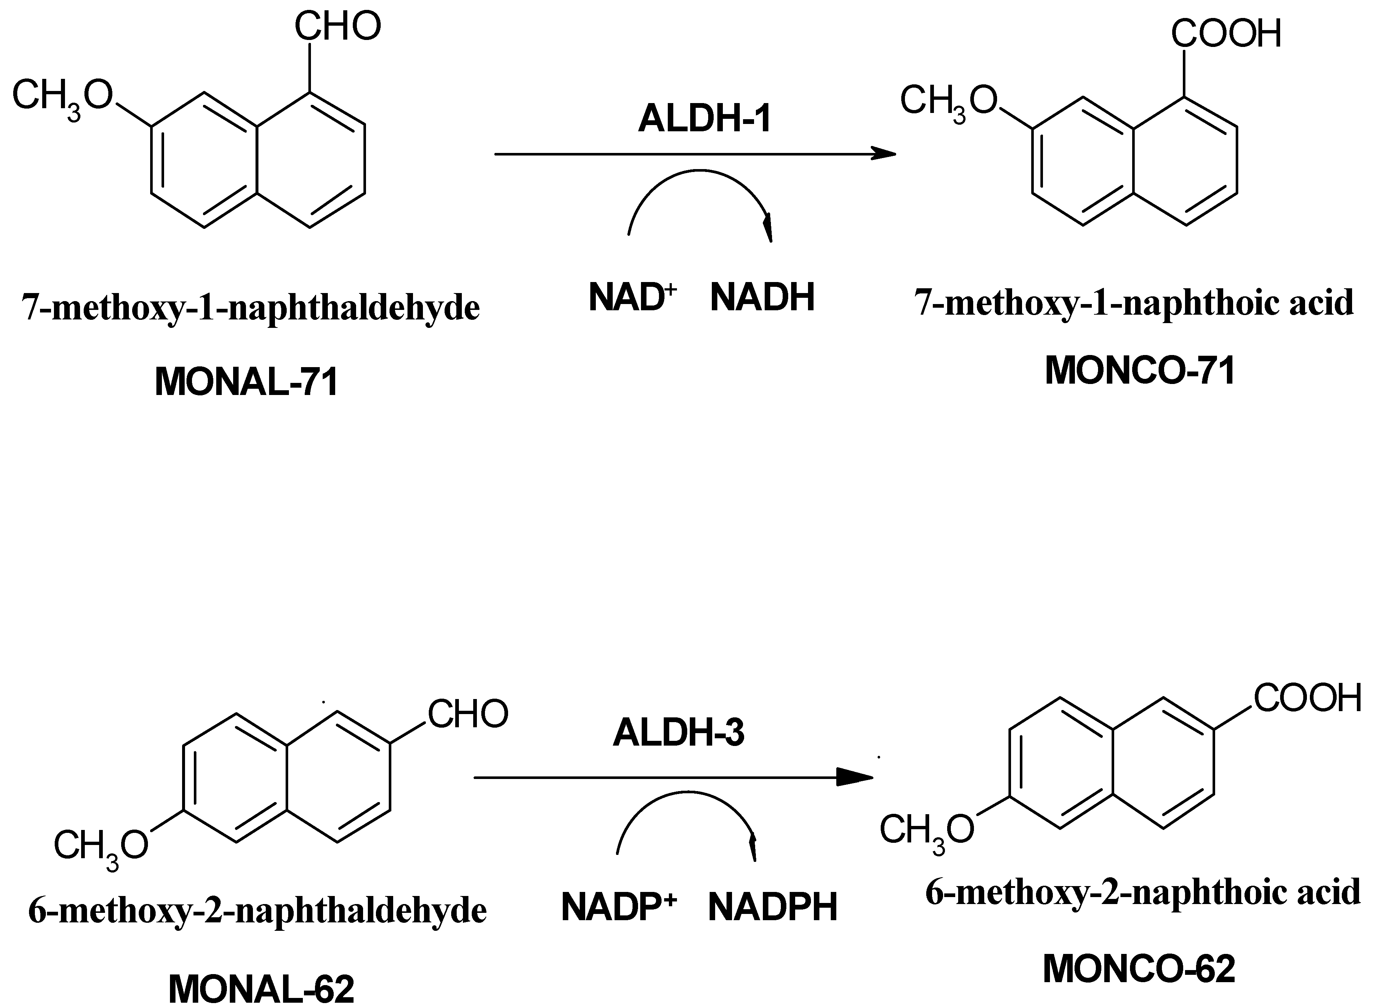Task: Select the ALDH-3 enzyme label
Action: (x=678, y=732)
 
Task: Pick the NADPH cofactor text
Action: (x=772, y=907)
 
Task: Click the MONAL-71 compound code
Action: (x=246, y=383)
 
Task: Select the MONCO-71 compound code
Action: (x=1140, y=370)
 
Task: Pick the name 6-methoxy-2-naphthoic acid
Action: (x=1143, y=892)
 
